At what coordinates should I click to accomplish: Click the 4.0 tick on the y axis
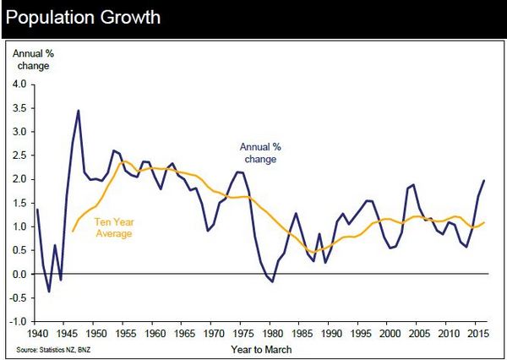pos(18,84)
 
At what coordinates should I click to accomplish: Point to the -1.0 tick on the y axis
pos(17,322)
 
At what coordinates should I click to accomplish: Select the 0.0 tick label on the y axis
pos(18,275)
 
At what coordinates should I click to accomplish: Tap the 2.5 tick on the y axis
pos(18,155)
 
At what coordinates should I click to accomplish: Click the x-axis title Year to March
pos(258,347)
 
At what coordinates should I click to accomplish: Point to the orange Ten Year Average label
pos(114,226)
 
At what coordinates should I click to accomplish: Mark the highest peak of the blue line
pos(79,110)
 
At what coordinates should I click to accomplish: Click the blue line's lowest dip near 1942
pos(49,292)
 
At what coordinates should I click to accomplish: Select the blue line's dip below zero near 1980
pos(272,281)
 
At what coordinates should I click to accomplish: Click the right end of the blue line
pos(483,180)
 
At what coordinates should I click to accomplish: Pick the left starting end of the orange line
pos(73,231)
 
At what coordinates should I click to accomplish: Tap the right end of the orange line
pos(483,222)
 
